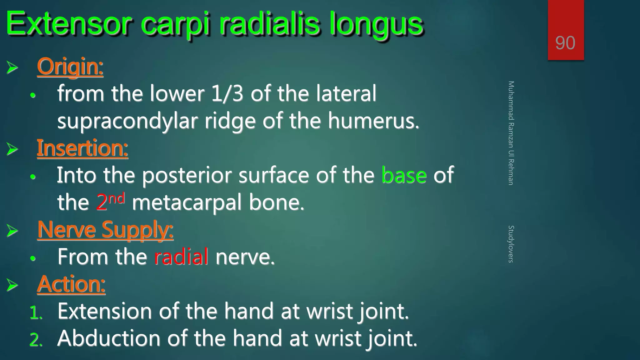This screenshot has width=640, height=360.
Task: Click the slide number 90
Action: [565, 43]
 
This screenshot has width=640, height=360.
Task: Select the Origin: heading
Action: [70, 67]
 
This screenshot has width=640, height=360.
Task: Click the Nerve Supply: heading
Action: [105, 230]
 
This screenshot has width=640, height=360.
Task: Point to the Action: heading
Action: [71, 284]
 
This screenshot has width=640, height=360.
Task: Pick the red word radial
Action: [181, 257]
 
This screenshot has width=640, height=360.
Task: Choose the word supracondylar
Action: [127, 122]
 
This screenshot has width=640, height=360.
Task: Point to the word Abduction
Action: [108, 338]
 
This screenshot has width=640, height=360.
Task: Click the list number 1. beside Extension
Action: [36, 312]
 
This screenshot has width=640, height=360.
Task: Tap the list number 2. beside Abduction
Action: [36, 340]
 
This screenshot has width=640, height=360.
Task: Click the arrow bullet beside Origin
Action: [12, 67]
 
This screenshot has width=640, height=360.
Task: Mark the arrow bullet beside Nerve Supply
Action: [12, 231]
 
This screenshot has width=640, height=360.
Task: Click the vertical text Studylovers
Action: [511, 244]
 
